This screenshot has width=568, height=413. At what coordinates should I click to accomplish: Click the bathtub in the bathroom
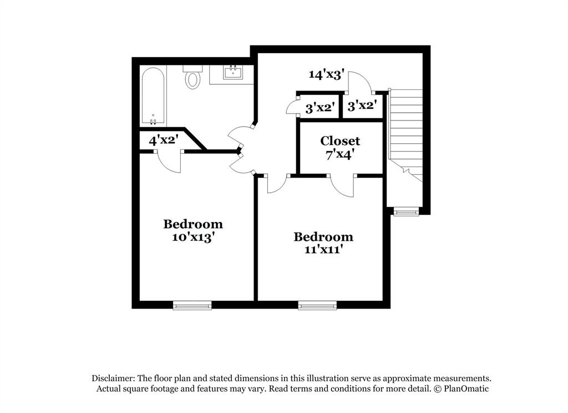pyautogui.click(x=153, y=94)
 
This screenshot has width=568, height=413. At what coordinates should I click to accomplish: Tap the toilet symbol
pyautogui.click(x=192, y=78)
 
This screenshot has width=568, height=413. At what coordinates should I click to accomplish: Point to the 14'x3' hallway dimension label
pyautogui.click(x=327, y=74)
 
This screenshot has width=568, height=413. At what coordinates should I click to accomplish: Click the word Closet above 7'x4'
pyautogui.click(x=340, y=141)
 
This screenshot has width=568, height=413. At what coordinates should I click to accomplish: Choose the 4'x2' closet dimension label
pyautogui.click(x=163, y=140)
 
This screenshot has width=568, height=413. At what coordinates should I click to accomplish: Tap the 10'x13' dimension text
pyautogui.click(x=193, y=237)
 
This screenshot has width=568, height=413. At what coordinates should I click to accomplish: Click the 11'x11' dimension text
pyautogui.click(x=323, y=250)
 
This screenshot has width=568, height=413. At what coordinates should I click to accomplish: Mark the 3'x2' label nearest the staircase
pyautogui.click(x=362, y=105)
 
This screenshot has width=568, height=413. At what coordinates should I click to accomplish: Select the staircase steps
pyautogui.click(x=406, y=128)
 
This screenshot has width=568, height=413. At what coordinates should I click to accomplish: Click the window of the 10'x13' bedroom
pyautogui.click(x=192, y=305)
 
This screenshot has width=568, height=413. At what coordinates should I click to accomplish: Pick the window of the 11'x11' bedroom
pyautogui.click(x=317, y=305)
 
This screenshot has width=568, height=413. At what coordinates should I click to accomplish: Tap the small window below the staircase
pyautogui.click(x=407, y=211)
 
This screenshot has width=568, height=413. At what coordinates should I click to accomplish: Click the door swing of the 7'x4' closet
pyautogui.click(x=342, y=187)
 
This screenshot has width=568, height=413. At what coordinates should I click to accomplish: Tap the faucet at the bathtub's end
pyautogui.click(x=153, y=120)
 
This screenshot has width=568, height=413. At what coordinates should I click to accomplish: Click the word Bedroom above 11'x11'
pyautogui.click(x=323, y=237)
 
